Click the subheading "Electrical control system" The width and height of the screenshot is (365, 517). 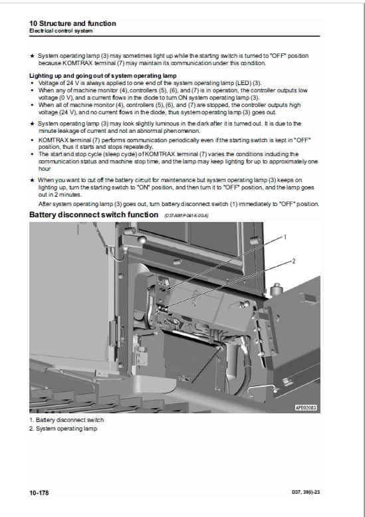pyautogui.click(x=61, y=31)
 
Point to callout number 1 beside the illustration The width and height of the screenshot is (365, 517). pyautogui.click(x=285, y=237)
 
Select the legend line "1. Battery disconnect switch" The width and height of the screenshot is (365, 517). pyautogui.click(x=66, y=420)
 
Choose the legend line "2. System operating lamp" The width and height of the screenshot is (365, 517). pyautogui.click(x=63, y=429)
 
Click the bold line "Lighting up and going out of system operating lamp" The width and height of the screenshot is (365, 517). pyautogui.click(x=99, y=76)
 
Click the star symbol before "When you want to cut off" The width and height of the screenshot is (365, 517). pyautogui.click(x=33, y=180)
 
